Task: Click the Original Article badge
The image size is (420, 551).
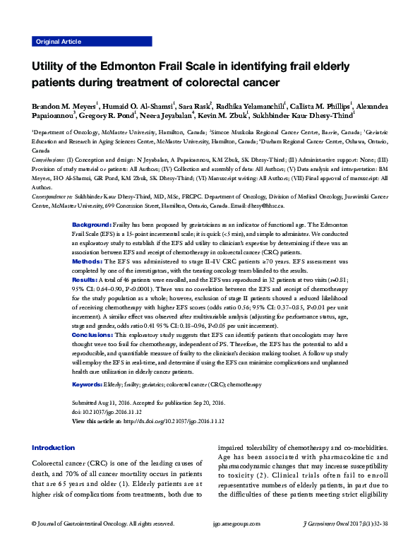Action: coord(58,42)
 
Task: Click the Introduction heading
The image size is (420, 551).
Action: coord(53,447)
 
